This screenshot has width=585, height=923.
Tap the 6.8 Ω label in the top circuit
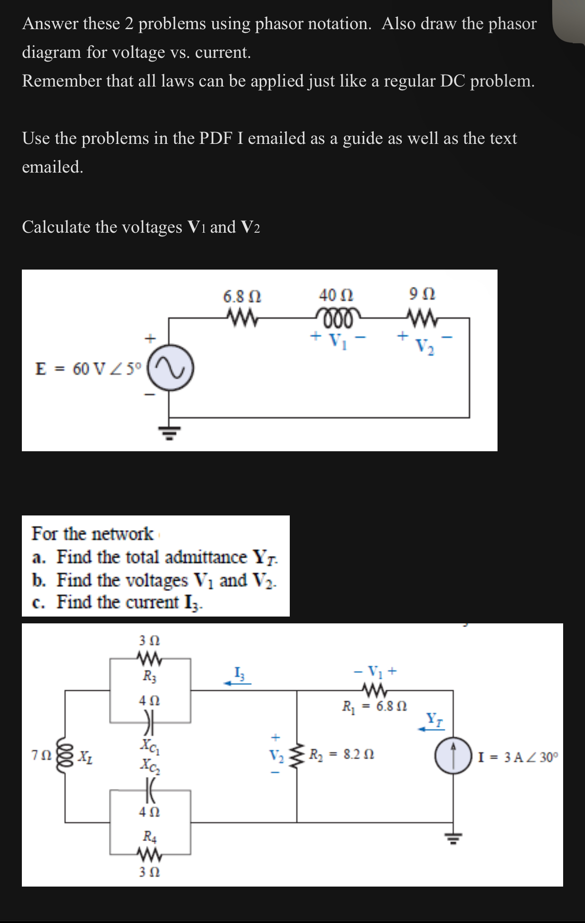pyautogui.click(x=242, y=297)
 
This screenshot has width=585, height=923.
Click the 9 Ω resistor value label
pyautogui.click(x=422, y=294)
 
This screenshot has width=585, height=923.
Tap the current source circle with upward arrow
pyautogui.click(x=453, y=756)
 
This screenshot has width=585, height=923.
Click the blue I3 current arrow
pyautogui.click(x=237, y=683)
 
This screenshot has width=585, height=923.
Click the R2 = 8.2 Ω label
pyautogui.click(x=342, y=755)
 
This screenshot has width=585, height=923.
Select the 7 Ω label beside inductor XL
pyautogui.click(x=40, y=755)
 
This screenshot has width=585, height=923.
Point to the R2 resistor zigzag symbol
pyautogui.click(x=297, y=756)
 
